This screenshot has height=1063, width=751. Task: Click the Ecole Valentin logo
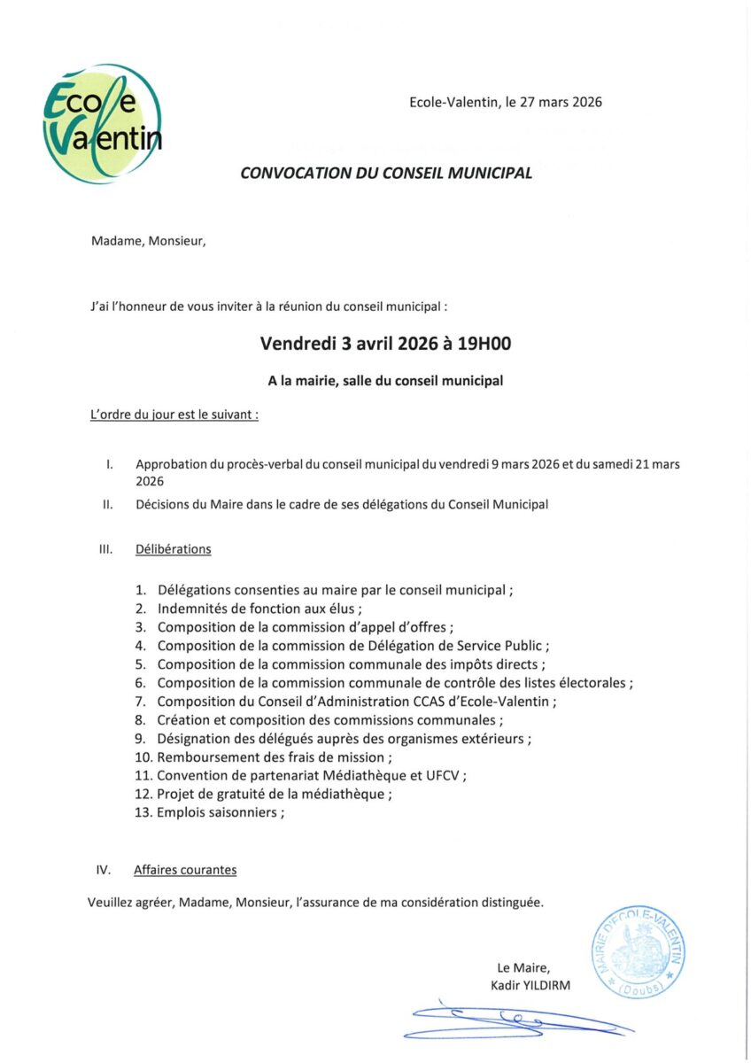(102, 124)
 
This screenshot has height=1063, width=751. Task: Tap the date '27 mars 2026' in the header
(561, 102)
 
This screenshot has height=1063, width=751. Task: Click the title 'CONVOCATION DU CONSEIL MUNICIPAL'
(386, 174)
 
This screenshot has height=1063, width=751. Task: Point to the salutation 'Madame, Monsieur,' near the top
(148, 240)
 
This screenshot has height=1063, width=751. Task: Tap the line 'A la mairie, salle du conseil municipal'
(386, 381)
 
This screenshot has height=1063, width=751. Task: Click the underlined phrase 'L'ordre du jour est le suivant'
(174, 414)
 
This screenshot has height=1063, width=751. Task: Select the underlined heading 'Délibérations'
(173, 549)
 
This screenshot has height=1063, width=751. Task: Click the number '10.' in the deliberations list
(143, 757)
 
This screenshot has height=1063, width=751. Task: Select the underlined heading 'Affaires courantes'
(185, 870)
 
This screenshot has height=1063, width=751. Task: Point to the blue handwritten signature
(514, 1020)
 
